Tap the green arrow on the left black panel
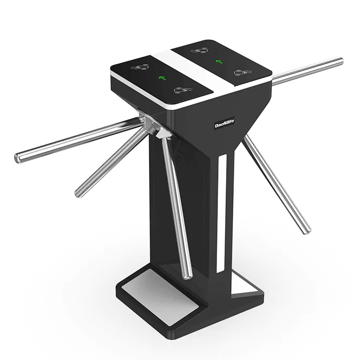pos(162,78)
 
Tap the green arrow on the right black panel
pos(219,62)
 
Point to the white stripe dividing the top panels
pos(194,76)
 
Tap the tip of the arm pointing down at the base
pos(188,274)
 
